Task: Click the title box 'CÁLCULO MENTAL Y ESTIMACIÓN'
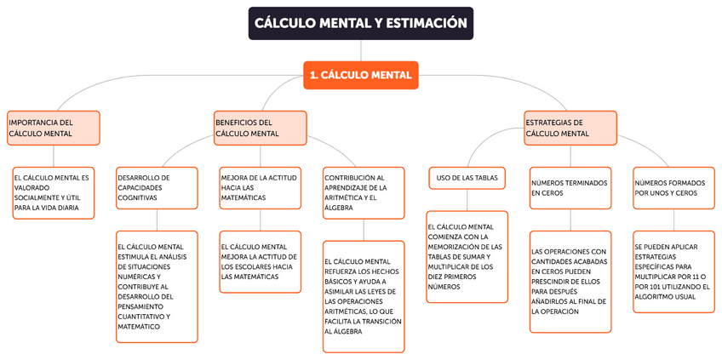tap(360, 24)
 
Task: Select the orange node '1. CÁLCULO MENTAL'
tap(361, 75)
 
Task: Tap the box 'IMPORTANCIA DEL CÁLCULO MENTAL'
tap(53, 128)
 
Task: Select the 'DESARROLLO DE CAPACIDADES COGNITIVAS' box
tap(156, 187)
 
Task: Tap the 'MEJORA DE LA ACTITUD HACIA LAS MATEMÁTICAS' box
tap(260, 187)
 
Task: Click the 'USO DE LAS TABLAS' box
tap(467, 178)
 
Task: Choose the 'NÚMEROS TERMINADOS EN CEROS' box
tap(570, 187)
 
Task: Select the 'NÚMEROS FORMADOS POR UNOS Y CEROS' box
tap(673, 187)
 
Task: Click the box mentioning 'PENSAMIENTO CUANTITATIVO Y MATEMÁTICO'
tap(156, 286)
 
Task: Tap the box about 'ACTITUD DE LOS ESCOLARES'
tap(260, 261)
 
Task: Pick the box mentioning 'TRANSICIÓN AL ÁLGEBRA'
tap(364, 295)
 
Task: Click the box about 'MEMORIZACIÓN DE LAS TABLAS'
tap(467, 256)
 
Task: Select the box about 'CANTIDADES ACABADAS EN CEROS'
tap(570, 281)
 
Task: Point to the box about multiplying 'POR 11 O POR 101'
tap(673, 271)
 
